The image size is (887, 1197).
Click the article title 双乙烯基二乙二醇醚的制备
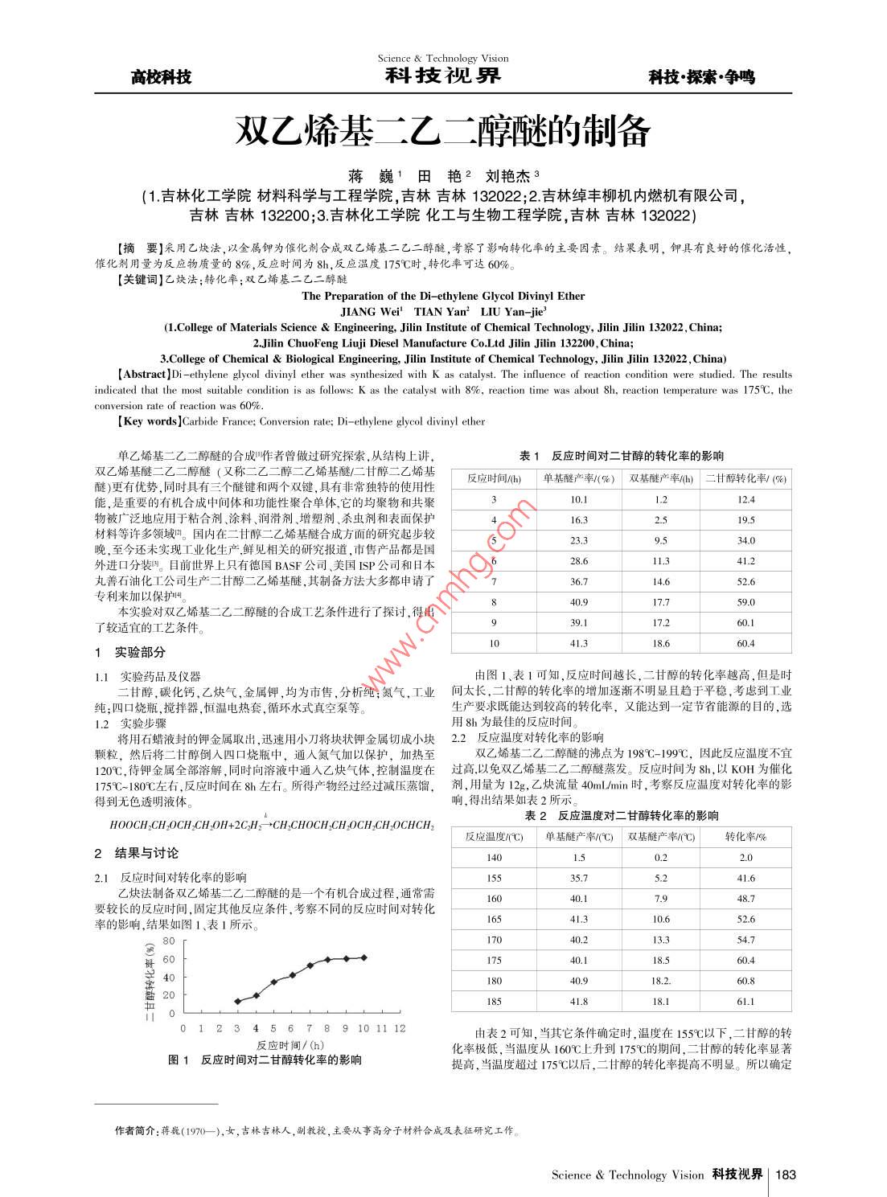click(442, 131)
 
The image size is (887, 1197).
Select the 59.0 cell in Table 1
click(745, 602)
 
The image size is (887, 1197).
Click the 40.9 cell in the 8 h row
click(578, 602)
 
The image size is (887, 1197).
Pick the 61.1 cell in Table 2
click(745, 1002)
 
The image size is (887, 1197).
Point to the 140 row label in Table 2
click(494, 858)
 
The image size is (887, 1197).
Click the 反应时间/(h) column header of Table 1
click(494, 478)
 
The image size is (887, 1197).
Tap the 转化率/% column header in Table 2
click(745, 837)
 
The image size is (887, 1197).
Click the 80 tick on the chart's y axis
click(168, 941)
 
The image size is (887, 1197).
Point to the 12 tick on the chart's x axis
click(400, 1028)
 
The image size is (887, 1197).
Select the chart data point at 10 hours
click(363, 957)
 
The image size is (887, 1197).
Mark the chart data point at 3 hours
click(237, 1002)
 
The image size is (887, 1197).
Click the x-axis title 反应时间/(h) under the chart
click(290, 1045)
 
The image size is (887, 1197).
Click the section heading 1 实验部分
click(130, 652)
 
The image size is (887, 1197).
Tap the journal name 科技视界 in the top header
click(442, 76)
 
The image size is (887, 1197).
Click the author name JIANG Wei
click(371, 312)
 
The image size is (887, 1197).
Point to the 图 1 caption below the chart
click(179, 1060)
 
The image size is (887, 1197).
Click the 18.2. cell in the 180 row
click(661, 981)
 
